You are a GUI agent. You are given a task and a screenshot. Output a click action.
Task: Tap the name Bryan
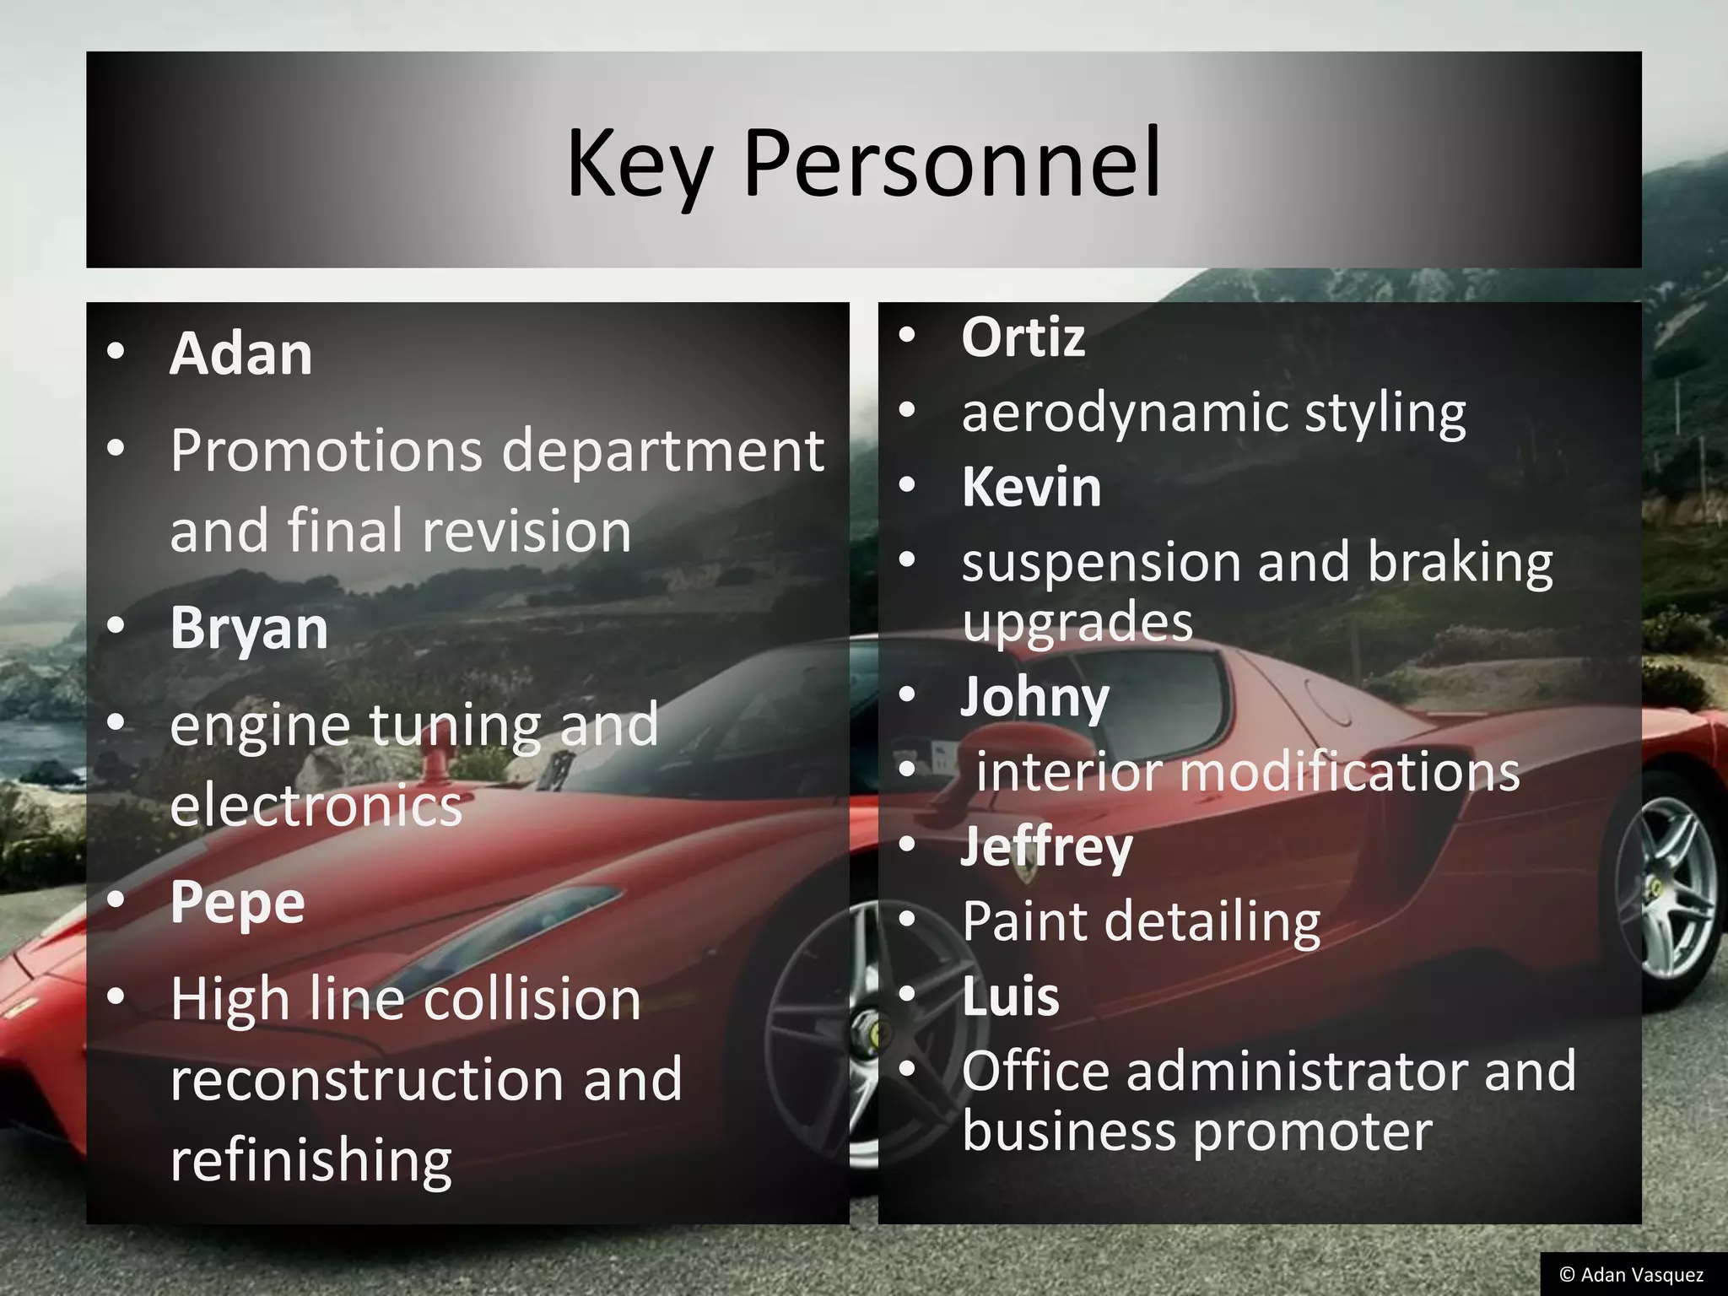[x=249, y=629]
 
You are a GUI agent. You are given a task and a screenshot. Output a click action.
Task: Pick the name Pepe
[x=237, y=903]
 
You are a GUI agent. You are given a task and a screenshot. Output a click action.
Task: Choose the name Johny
[x=1034, y=698]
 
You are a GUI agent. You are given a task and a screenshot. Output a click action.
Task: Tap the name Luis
[x=1010, y=996]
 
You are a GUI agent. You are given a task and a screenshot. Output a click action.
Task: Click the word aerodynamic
[x=1124, y=413]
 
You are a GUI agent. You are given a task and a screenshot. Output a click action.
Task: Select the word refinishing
[x=310, y=1161]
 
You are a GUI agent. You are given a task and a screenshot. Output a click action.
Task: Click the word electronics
[x=316, y=805]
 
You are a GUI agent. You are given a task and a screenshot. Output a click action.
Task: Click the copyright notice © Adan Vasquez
[x=1631, y=1274]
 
